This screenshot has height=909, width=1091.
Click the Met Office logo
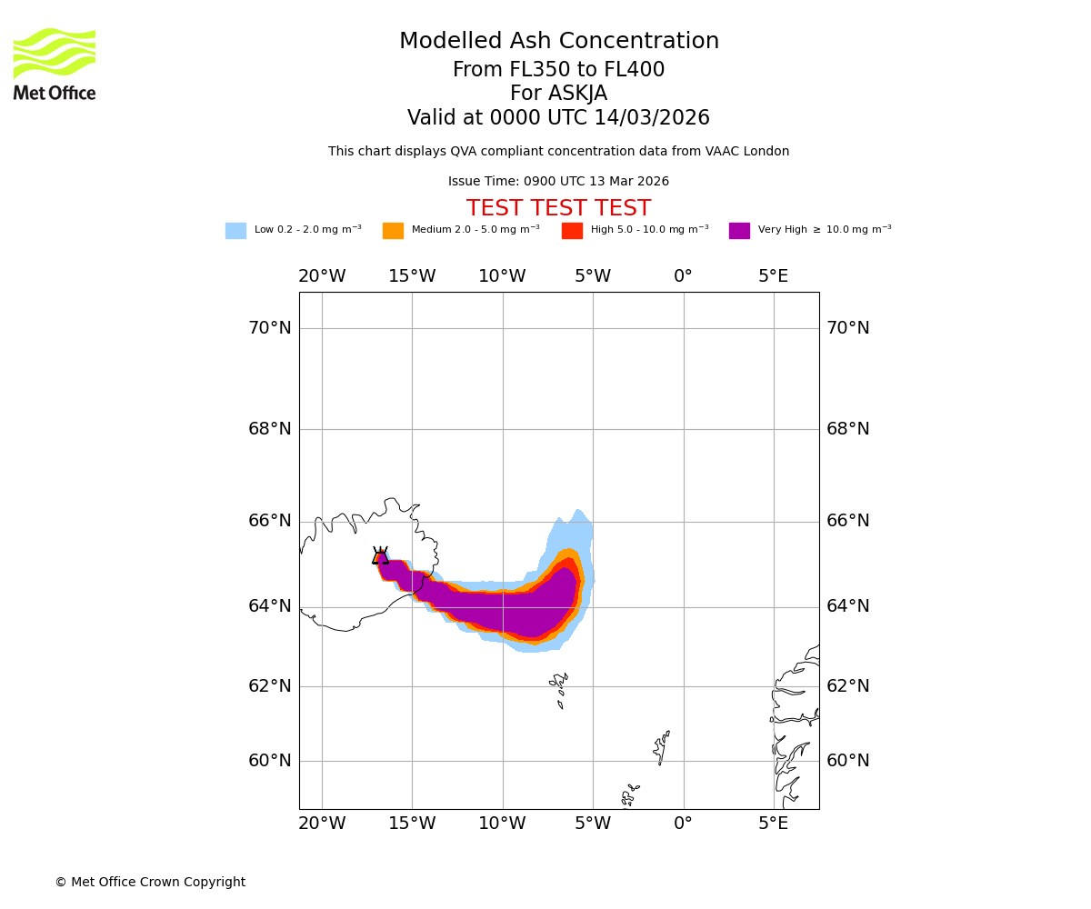coord(55,64)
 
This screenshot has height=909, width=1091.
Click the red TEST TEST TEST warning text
coord(558,209)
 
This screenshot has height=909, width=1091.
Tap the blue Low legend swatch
coord(235,231)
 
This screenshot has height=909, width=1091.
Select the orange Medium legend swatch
coord(393,231)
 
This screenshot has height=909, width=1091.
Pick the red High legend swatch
coord(572,231)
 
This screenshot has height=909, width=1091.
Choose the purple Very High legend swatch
coord(739,231)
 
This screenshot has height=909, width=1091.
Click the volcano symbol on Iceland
coord(380,556)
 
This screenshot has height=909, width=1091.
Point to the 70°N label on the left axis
coord(270,328)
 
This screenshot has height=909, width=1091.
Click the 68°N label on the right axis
coord(847,429)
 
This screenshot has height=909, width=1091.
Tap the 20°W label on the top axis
coord(322,276)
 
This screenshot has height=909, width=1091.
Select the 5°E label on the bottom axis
coord(774,824)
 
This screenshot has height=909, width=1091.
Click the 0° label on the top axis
coord(683,276)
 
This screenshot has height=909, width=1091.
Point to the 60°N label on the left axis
coord(270,761)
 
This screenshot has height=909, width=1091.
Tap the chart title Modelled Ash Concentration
coord(558,42)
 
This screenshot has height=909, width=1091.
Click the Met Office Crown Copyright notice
coord(150,883)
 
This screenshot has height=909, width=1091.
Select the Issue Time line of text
coord(558,182)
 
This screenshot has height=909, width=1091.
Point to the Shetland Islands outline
coord(661,747)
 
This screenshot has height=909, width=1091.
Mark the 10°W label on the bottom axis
coord(502,824)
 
